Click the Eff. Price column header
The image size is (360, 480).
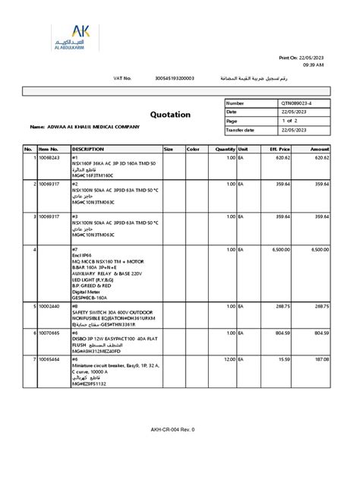[280, 149]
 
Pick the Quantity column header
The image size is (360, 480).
[225, 149]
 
